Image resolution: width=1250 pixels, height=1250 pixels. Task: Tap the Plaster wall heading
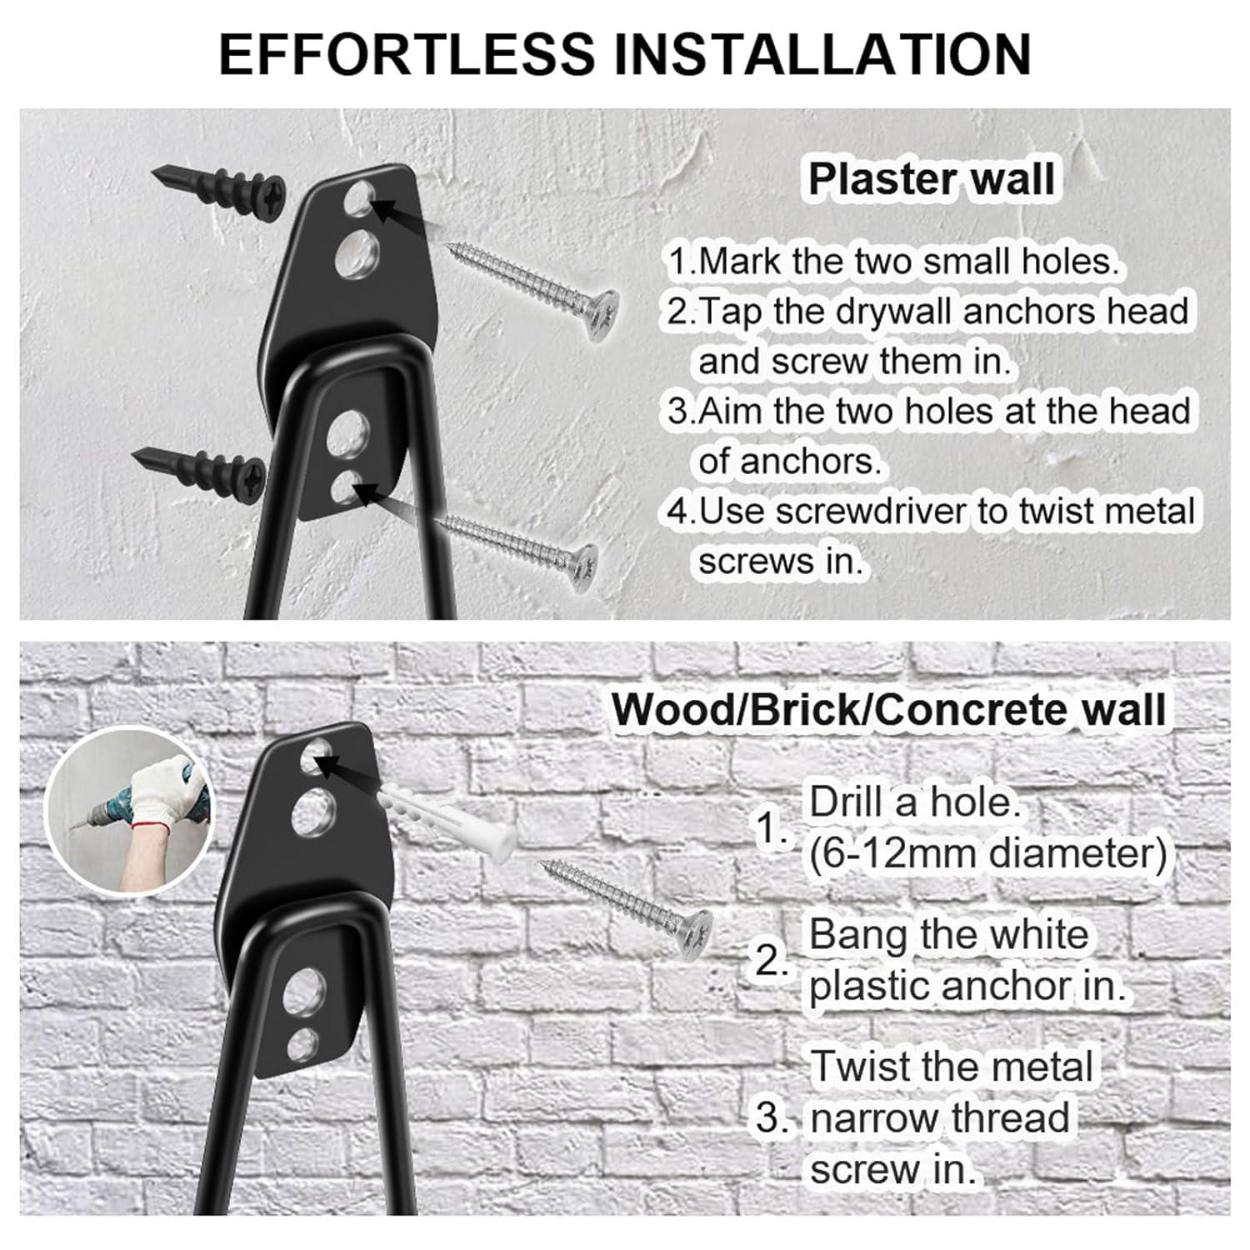932,179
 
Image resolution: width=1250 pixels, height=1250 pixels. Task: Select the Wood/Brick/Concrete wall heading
888,709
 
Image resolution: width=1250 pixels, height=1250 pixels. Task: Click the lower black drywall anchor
200,467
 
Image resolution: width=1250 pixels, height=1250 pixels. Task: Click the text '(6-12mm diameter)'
988,853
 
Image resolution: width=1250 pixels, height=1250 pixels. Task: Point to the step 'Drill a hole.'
915,802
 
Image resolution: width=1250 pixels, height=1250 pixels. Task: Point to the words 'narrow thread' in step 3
939,1117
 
